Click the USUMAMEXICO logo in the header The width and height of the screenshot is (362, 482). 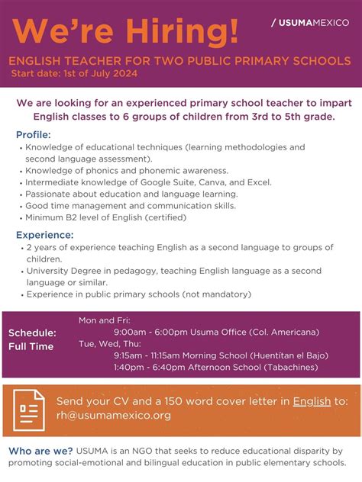click(x=309, y=22)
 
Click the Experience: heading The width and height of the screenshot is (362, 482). click(x=45, y=235)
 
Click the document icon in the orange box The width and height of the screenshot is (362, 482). click(x=30, y=409)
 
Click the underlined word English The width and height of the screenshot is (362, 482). click(x=312, y=401)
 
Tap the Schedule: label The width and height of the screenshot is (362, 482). click(x=33, y=333)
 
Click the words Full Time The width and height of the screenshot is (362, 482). click(x=31, y=346)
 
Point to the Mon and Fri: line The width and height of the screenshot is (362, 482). click(x=105, y=320)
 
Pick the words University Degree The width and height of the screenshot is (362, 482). click(x=63, y=271)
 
